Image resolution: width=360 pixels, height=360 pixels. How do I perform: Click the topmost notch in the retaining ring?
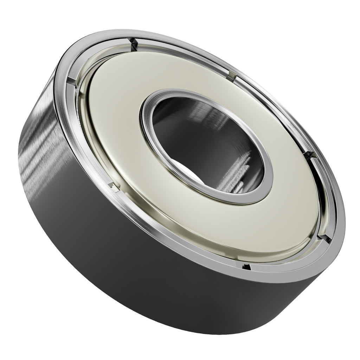133,43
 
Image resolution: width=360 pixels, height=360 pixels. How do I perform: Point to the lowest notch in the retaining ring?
246,267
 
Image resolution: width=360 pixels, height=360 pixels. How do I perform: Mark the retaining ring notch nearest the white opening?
114,187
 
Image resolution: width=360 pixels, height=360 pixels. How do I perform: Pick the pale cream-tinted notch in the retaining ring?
232,75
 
